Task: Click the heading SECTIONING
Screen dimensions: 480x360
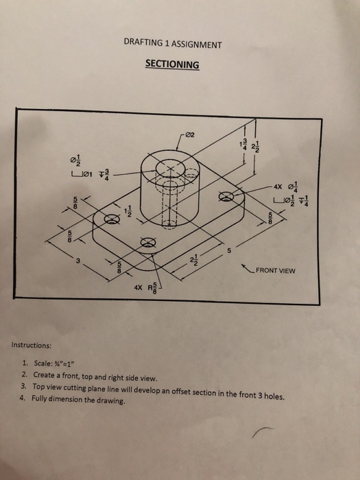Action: pyautogui.click(x=172, y=64)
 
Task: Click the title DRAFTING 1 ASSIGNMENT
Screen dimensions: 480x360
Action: pyautogui.click(x=173, y=44)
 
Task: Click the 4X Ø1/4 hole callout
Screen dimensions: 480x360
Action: pyautogui.click(x=285, y=184)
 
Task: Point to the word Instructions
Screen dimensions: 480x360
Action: pyautogui.click(x=31, y=346)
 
